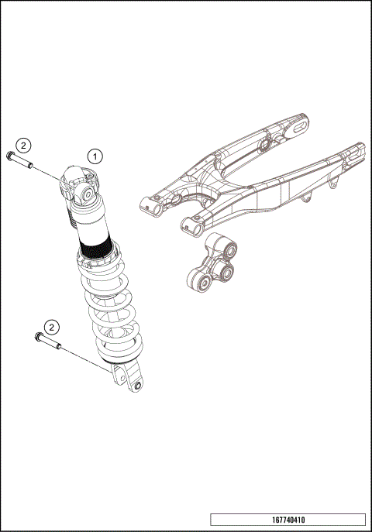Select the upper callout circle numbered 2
(23, 145)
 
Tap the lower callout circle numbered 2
(51, 326)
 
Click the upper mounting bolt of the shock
(20, 160)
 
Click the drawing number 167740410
(287, 520)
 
